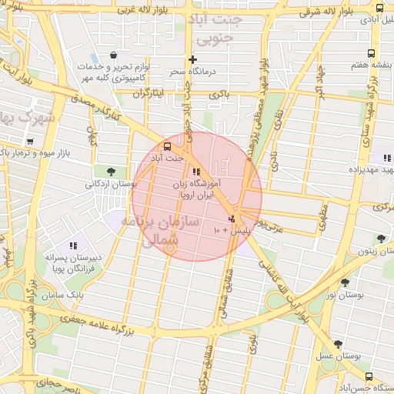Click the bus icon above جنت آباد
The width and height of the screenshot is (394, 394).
coord(168,146)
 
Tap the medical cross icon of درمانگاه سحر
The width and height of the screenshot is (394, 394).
coord(192,59)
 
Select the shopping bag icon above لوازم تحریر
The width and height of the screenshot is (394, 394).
coord(114,55)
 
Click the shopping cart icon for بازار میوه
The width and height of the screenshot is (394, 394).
coord(30,142)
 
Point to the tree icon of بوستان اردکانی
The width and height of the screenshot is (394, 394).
coord(112,171)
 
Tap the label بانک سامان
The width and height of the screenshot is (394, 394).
coord(62,295)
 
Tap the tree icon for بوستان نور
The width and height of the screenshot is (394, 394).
coord(344,282)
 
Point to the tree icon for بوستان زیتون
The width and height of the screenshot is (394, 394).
coord(380,239)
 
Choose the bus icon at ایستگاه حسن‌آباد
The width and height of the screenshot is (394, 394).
coord(369,376)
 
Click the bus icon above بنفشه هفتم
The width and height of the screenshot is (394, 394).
coord(372,54)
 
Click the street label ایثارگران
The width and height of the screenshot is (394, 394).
coord(149,94)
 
